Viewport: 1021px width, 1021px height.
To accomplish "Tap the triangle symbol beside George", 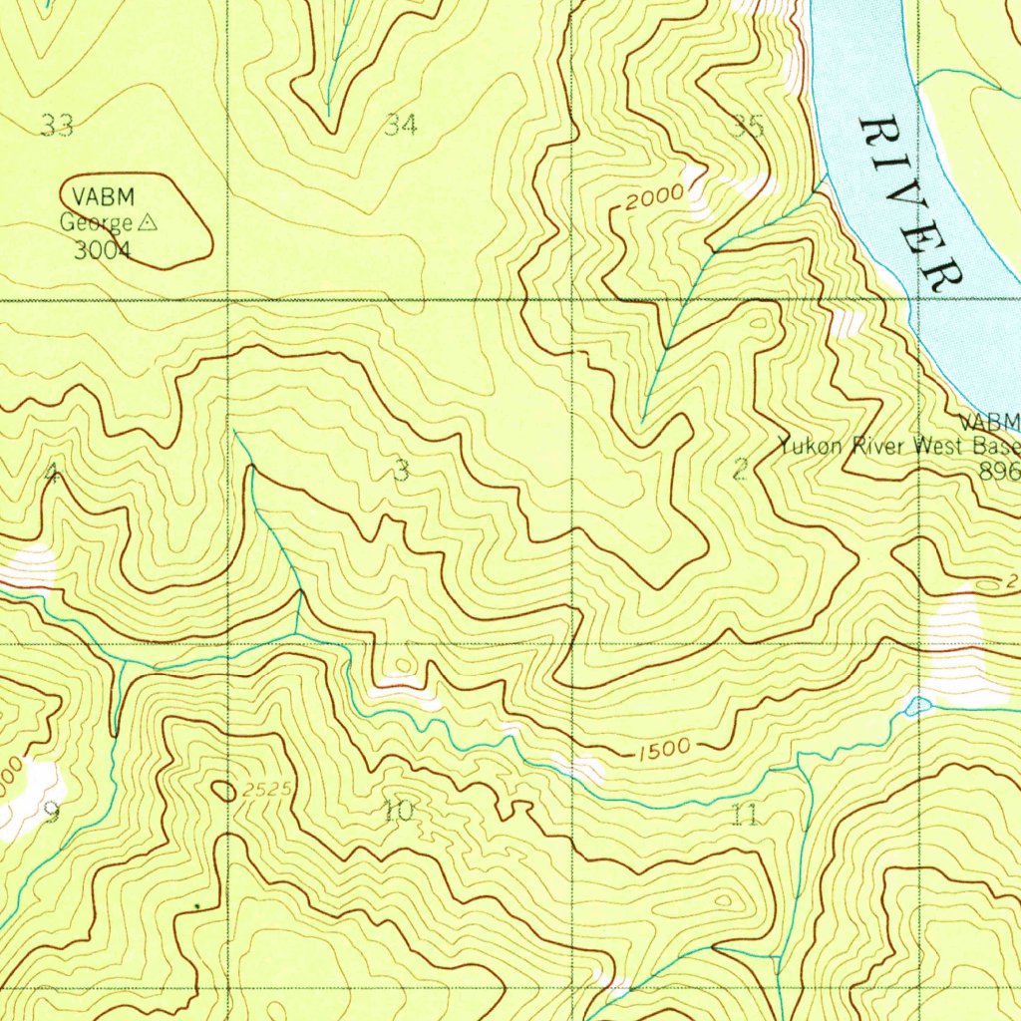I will (149, 223).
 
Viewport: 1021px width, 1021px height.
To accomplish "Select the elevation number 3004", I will (102, 250).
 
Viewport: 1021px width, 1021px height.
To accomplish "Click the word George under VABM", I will (97, 223).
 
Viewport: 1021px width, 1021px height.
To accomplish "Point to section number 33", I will (57, 126).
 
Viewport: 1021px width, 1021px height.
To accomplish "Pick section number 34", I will (401, 125).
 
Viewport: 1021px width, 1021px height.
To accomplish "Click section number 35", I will (748, 126).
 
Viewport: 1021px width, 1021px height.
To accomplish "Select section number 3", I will (401, 470).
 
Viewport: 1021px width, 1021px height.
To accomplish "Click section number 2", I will (739, 470).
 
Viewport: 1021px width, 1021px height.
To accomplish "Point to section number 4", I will (51, 475).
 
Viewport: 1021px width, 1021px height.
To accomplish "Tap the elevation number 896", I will (1000, 471).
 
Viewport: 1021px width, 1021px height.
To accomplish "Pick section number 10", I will (399, 812).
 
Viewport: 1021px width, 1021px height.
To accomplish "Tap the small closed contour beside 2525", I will (224, 791).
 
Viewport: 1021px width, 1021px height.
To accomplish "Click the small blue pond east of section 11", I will (916, 706).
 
